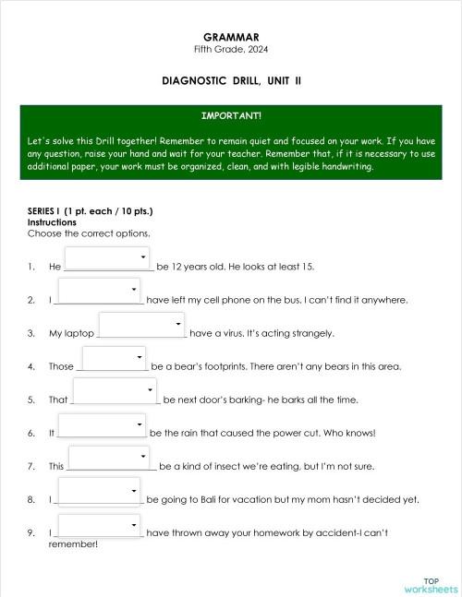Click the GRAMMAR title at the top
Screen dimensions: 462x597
[230, 36]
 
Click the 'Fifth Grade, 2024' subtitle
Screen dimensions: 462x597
[230, 48]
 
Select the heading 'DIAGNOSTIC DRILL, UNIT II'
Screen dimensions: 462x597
[230, 81]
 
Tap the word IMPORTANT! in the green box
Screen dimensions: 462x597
[230, 115]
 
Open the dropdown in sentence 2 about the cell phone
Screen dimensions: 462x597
[99, 291]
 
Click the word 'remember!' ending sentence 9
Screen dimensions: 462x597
[72, 544]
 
